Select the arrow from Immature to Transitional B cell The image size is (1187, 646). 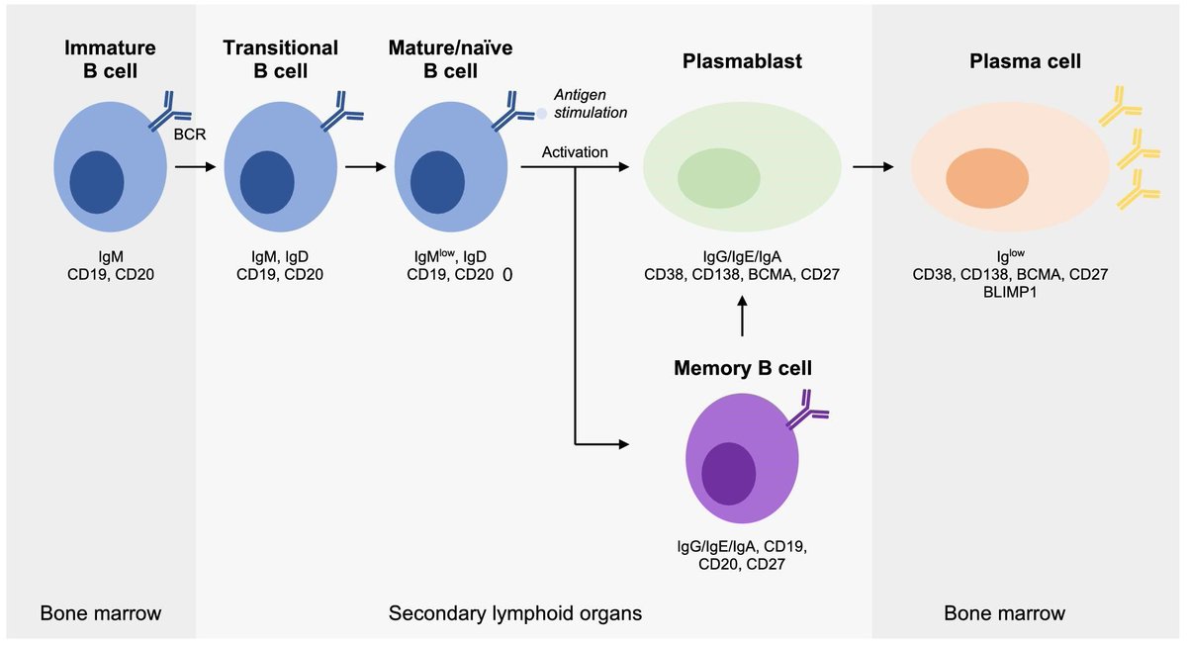(x=194, y=167)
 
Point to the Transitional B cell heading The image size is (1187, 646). (x=280, y=58)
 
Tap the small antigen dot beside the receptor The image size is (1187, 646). (x=541, y=113)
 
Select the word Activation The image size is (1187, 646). (x=575, y=151)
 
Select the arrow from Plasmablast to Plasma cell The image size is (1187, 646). (x=870, y=167)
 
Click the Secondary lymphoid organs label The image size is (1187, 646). (x=514, y=614)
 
